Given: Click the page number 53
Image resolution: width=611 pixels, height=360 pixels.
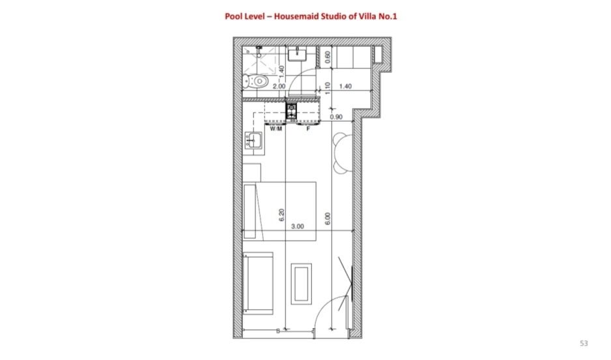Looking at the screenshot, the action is (x=584, y=343).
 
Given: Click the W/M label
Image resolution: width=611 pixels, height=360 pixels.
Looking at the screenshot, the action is (x=276, y=129).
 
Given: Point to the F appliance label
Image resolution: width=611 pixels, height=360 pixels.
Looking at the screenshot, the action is (x=308, y=129).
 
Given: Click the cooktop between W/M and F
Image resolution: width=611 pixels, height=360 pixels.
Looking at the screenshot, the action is (x=291, y=111).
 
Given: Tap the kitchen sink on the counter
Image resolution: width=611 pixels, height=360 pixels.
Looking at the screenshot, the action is (x=253, y=140).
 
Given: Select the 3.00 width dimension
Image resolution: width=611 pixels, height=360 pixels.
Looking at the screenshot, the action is (x=297, y=227).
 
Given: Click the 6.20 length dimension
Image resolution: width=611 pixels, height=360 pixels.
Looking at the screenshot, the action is (x=281, y=215).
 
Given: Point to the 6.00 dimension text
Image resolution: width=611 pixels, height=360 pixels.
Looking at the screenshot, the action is (x=327, y=219).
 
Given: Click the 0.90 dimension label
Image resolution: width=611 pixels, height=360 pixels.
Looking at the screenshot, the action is (x=336, y=117).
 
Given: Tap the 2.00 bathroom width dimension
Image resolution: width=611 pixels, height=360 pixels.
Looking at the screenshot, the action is (x=279, y=86).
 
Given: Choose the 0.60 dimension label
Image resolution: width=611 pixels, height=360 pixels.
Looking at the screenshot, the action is (x=327, y=57).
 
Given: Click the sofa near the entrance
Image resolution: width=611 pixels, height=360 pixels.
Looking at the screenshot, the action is (x=257, y=283).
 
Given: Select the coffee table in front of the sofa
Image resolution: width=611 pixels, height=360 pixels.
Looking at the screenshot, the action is (x=301, y=284).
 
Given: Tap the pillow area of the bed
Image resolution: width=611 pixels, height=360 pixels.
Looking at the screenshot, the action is (x=249, y=211).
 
